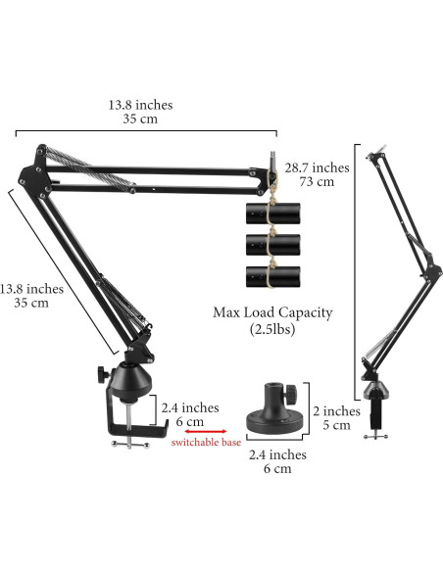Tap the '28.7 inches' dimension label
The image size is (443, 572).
pyautogui.click(x=317, y=167)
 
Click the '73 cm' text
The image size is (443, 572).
pyautogui.click(x=317, y=182)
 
